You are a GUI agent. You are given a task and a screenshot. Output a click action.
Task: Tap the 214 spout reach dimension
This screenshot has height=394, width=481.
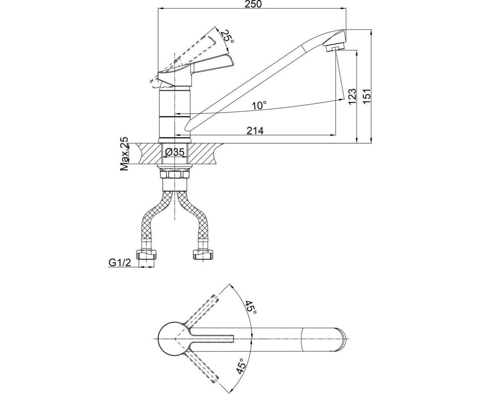[x=255, y=131]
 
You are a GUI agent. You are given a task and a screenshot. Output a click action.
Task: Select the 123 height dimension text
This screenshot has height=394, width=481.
[x=352, y=96]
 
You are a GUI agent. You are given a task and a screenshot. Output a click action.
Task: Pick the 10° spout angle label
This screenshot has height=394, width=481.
[x=259, y=106]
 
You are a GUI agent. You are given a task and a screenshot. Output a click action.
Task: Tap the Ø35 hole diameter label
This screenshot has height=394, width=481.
[x=174, y=152]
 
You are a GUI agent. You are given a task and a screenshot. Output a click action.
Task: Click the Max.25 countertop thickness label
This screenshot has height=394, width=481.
[x=124, y=154]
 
